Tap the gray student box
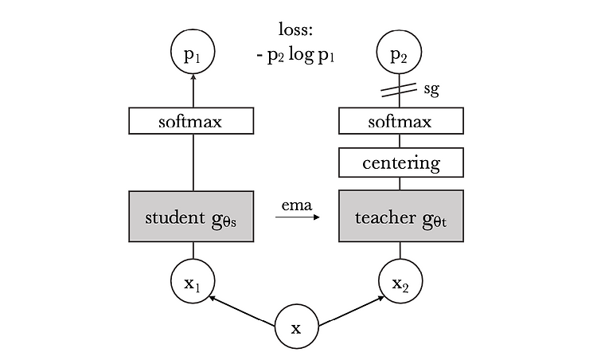click(191, 217)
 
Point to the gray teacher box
click(401, 216)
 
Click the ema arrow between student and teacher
click(298, 217)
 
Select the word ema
click(297, 205)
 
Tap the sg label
click(431, 89)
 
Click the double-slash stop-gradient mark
click(399, 89)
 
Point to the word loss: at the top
click(295, 29)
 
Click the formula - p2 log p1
click(295, 56)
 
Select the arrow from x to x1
click(242, 311)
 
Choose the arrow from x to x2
click(351, 311)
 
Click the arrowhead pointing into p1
click(193, 77)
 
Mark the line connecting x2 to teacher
click(400, 251)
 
